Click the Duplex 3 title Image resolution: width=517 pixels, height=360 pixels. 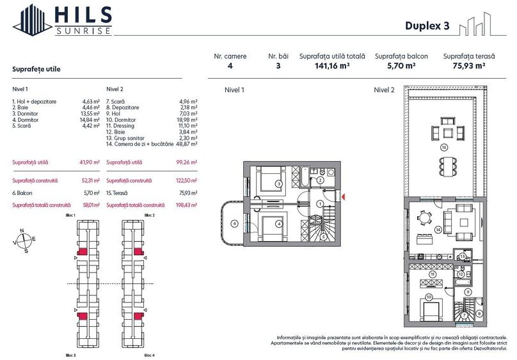coord(427,26)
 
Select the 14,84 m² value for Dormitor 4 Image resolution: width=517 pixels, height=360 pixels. coord(91,120)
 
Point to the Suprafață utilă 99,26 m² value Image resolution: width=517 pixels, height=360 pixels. coord(186,162)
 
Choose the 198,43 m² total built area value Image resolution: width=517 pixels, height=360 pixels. coord(185,205)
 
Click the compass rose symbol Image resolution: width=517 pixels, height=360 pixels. coord(24,240)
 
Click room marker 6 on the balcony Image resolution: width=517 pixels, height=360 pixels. coord(234,223)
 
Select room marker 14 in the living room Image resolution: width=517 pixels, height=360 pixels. coord(438,230)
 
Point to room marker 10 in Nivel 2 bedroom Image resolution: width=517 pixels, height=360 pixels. coord(428,297)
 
